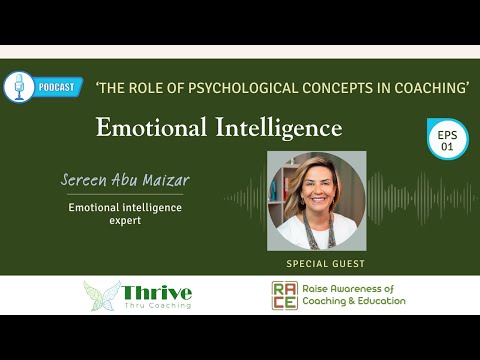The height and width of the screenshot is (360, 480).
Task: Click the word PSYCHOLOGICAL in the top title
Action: (235, 89)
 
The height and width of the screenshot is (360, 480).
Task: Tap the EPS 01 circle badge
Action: (447, 138)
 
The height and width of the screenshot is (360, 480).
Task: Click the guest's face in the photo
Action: (318, 188)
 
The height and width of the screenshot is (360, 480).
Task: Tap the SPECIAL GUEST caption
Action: (324, 264)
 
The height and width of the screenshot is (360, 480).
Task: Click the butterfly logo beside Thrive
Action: (102, 295)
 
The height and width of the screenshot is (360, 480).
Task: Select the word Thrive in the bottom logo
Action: (157, 291)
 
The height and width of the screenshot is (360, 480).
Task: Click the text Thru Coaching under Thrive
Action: (156, 306)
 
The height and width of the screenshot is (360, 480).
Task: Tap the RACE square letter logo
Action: (284, 295)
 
